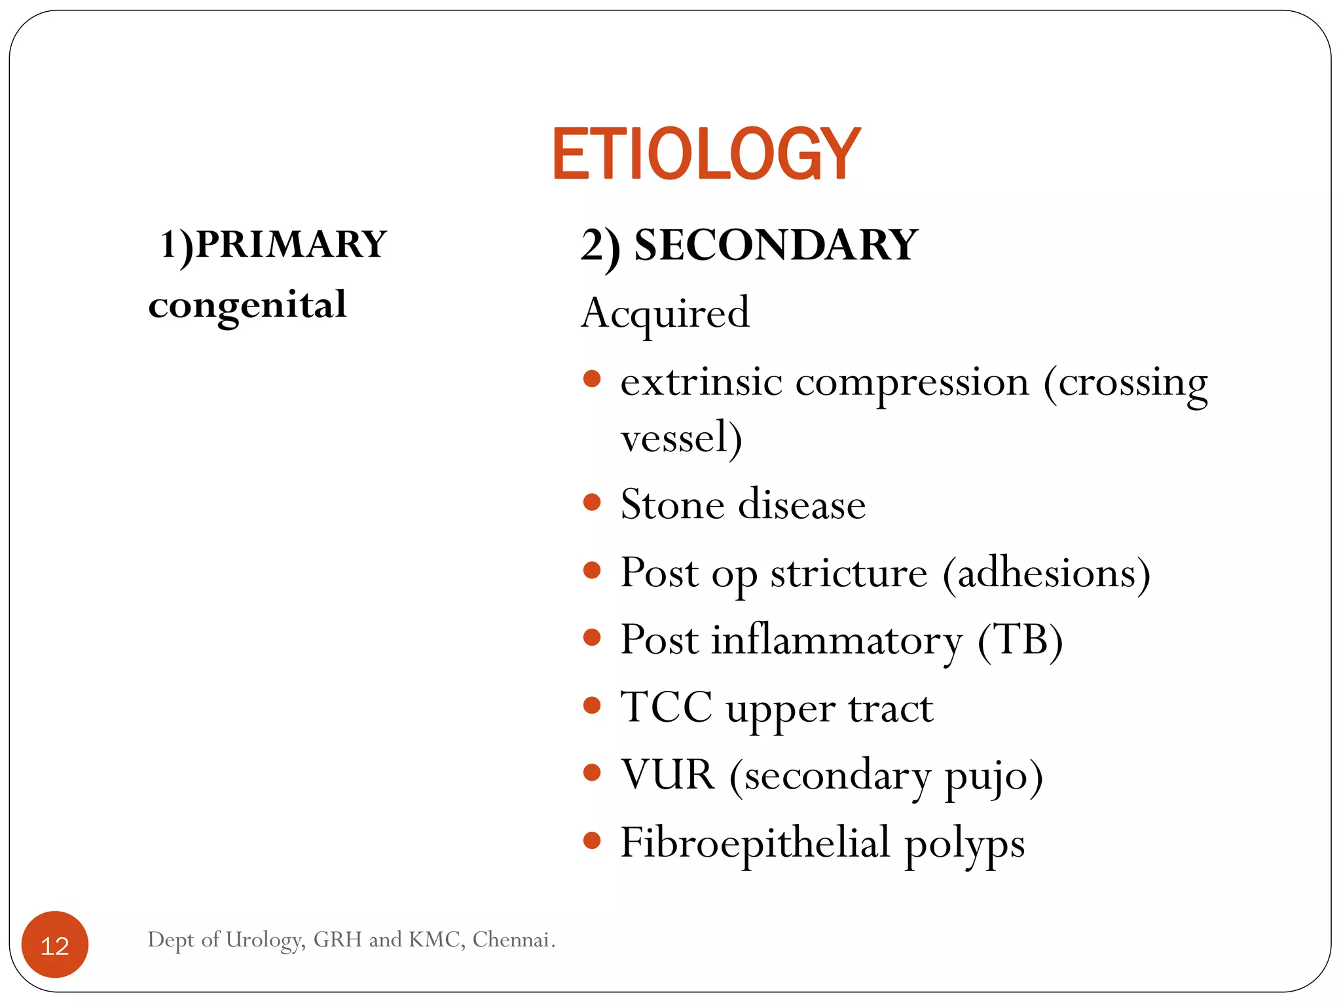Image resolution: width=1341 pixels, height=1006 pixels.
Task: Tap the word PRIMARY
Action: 291,244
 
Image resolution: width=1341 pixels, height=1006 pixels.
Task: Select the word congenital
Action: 248,305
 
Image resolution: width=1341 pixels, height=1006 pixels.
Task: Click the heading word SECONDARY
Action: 776,246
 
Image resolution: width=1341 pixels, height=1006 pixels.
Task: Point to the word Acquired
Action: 665,314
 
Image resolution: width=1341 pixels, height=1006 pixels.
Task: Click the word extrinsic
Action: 701,382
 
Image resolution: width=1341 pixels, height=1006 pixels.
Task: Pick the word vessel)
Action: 681,438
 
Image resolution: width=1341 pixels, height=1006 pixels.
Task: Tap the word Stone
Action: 672,505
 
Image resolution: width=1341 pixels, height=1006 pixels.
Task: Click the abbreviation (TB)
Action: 1020,640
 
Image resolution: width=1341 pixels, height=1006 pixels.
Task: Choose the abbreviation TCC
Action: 666,707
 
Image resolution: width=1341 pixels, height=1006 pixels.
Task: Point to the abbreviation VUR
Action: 667,775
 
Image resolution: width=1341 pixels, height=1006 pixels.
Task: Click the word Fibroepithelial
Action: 755,842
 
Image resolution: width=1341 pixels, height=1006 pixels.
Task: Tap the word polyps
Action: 964,845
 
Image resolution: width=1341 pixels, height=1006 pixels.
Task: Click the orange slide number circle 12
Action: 55,945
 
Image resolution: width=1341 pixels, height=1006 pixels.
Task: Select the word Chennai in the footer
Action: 513,940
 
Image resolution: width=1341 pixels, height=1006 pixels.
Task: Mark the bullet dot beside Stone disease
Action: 592,502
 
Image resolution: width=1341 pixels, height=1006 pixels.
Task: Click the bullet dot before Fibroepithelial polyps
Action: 592,840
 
